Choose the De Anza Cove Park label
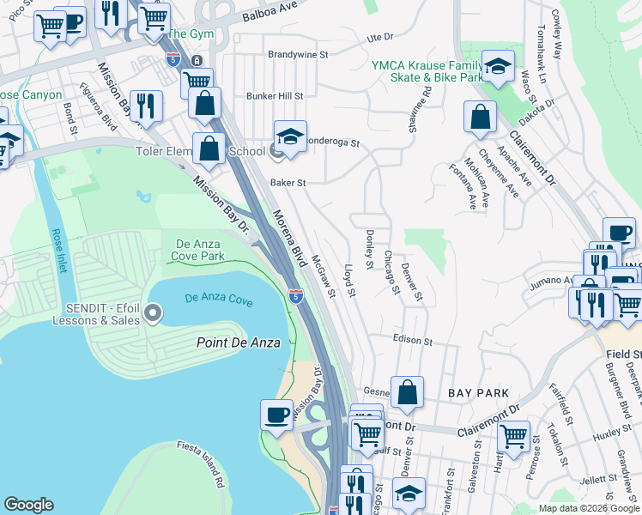[200, 251]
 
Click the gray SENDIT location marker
[154, 313]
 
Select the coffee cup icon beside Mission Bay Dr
[276, 414]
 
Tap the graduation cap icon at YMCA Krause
[497, 66]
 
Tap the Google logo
[28, 505]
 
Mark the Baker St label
[288, 183]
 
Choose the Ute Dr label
[379, 37]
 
